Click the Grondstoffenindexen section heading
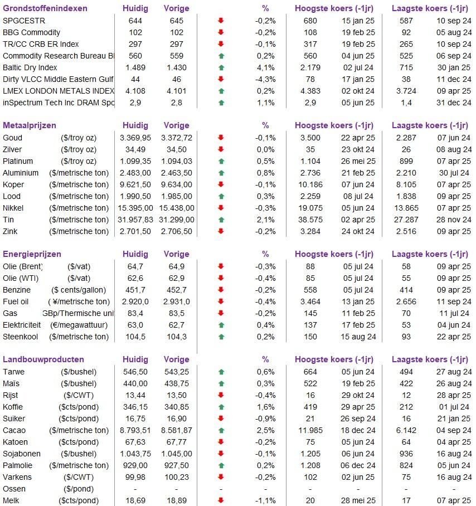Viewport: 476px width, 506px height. (45, 8)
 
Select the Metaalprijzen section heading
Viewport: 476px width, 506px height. (30, 125)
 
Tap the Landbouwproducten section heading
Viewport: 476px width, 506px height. (43, 359)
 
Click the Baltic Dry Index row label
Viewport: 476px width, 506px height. (30, 67)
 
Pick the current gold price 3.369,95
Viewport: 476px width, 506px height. (135, 138)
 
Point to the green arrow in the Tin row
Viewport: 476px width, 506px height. (221, 220)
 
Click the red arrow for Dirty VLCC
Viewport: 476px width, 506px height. (221, 79)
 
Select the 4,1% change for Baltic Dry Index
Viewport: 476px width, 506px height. (266, 67)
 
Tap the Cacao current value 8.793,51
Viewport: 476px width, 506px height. (135, 430)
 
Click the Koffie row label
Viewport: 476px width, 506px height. (13, 407)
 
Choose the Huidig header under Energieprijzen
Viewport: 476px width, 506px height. (135, 254)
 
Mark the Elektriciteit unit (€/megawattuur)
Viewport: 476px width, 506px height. (79, 325)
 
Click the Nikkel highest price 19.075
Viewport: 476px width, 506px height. (310, 208)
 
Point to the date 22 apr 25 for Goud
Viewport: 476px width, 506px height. (358, 138)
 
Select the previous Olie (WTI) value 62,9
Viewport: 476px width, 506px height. (177, 278)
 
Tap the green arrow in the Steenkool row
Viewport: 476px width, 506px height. (221, 337)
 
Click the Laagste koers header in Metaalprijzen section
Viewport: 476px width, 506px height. (430, 125)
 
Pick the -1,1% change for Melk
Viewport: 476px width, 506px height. (266, 500)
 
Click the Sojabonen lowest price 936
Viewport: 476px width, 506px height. (406, 454)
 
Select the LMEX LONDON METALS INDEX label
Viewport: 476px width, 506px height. (59, 91)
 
